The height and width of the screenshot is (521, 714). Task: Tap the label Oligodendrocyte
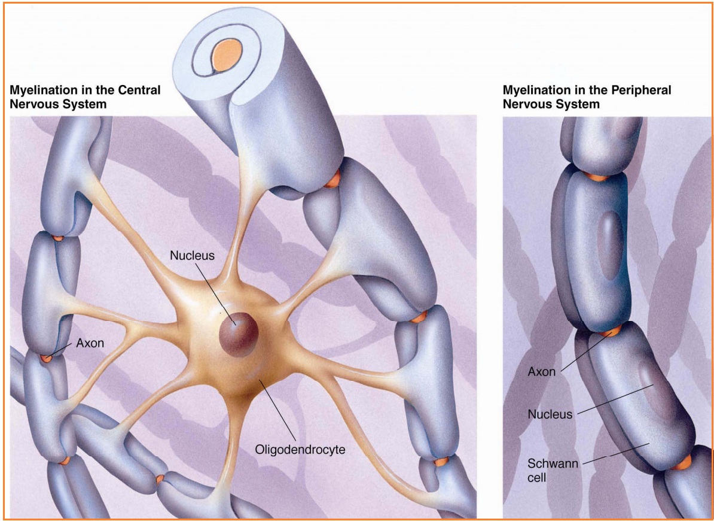pyautogui.click(x=300, y=449)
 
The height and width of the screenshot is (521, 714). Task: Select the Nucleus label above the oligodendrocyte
pyautogui.click(x=192, y=256)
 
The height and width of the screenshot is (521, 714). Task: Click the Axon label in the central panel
pyautogui.click(x=90, y=344)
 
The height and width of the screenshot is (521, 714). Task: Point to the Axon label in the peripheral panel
pyautogui.click(x=541, y=372)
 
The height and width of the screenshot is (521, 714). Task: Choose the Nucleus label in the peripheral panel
pyautogui.click(x=550, y=414)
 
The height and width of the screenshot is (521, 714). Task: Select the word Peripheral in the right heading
pyautogui.click(x=641, y=90)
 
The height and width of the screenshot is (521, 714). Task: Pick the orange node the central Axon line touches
pyautogui.click(x=46, y=358)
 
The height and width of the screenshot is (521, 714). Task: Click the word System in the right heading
pyautogui.click(x=578, y=104)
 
